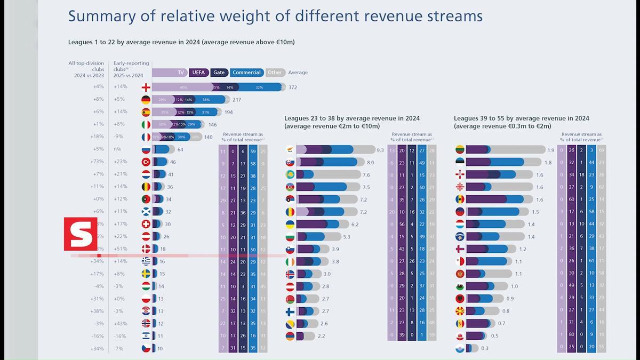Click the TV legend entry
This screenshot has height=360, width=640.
pos(181,73)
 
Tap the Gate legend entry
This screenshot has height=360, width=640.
pos(219,73)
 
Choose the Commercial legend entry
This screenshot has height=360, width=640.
pos(246,73)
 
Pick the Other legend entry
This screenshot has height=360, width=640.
pos(275,73)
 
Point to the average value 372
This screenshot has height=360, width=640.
pos(293,87)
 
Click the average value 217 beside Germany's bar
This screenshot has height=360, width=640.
pos(237,100)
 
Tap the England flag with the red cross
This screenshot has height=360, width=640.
pos(146,87)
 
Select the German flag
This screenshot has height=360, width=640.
pos(146,100)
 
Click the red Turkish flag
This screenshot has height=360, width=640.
pos(146,162)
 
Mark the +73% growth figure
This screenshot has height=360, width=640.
pos(98,162)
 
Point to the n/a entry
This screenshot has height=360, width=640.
pos(117,149)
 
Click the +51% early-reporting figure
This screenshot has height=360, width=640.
pos(121,249)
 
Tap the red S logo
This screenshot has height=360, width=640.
pos(81,234)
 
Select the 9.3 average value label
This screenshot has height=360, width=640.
pos(380,150)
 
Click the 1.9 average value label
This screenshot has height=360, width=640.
pos(550,150)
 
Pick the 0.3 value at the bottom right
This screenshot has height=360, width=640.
pos(484,348)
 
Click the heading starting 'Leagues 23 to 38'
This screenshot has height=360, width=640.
pos(351,118)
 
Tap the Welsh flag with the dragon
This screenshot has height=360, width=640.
pos(459,286)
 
